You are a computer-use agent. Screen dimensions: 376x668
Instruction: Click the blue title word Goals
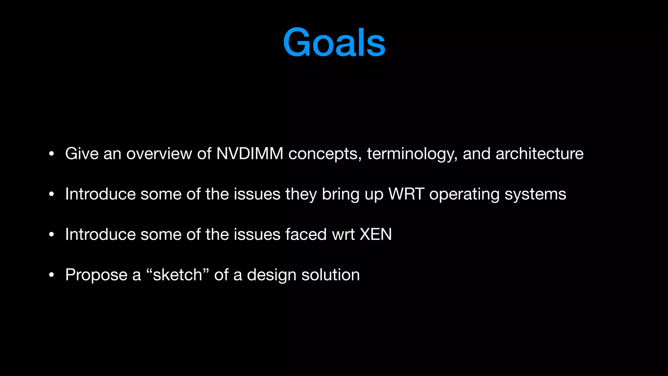[334, 43]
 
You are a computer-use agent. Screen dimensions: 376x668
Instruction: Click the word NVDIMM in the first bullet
[250, 153]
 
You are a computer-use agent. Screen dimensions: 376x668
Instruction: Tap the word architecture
[539, 153]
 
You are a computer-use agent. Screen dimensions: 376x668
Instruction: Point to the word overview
[159, 153]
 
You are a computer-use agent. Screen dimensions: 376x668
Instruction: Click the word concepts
[325, 154]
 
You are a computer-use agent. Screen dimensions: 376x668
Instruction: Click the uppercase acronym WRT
[406, 194]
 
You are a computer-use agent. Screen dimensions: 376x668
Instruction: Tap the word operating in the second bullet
[464, 195]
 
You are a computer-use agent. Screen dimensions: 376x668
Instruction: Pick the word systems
[535, 195]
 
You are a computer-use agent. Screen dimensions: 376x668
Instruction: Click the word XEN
[375, 234]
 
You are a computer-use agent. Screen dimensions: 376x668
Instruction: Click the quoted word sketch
[177, 275]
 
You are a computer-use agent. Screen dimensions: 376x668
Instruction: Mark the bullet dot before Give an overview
[51, 154]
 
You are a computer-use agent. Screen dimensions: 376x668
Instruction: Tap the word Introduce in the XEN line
[100, 234]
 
